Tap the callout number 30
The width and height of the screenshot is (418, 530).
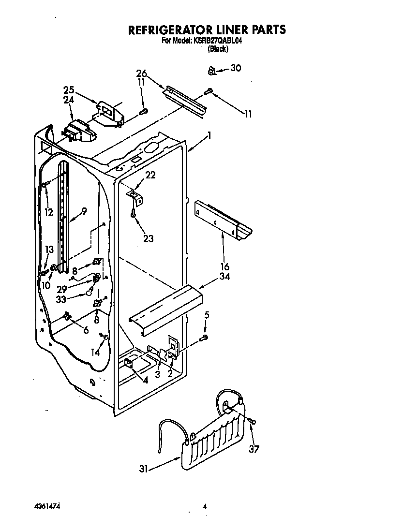235,68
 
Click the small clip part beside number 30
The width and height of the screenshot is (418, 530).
211,72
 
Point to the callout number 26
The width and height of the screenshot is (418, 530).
141,74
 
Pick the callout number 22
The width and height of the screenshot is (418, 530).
150,175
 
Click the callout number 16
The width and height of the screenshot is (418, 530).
225,266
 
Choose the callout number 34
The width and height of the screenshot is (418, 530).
225,277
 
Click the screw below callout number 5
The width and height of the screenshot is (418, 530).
205,337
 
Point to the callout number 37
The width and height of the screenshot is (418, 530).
254,449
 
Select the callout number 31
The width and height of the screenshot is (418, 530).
143,469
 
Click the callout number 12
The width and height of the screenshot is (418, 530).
48,211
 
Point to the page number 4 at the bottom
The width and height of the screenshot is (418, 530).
205,507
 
